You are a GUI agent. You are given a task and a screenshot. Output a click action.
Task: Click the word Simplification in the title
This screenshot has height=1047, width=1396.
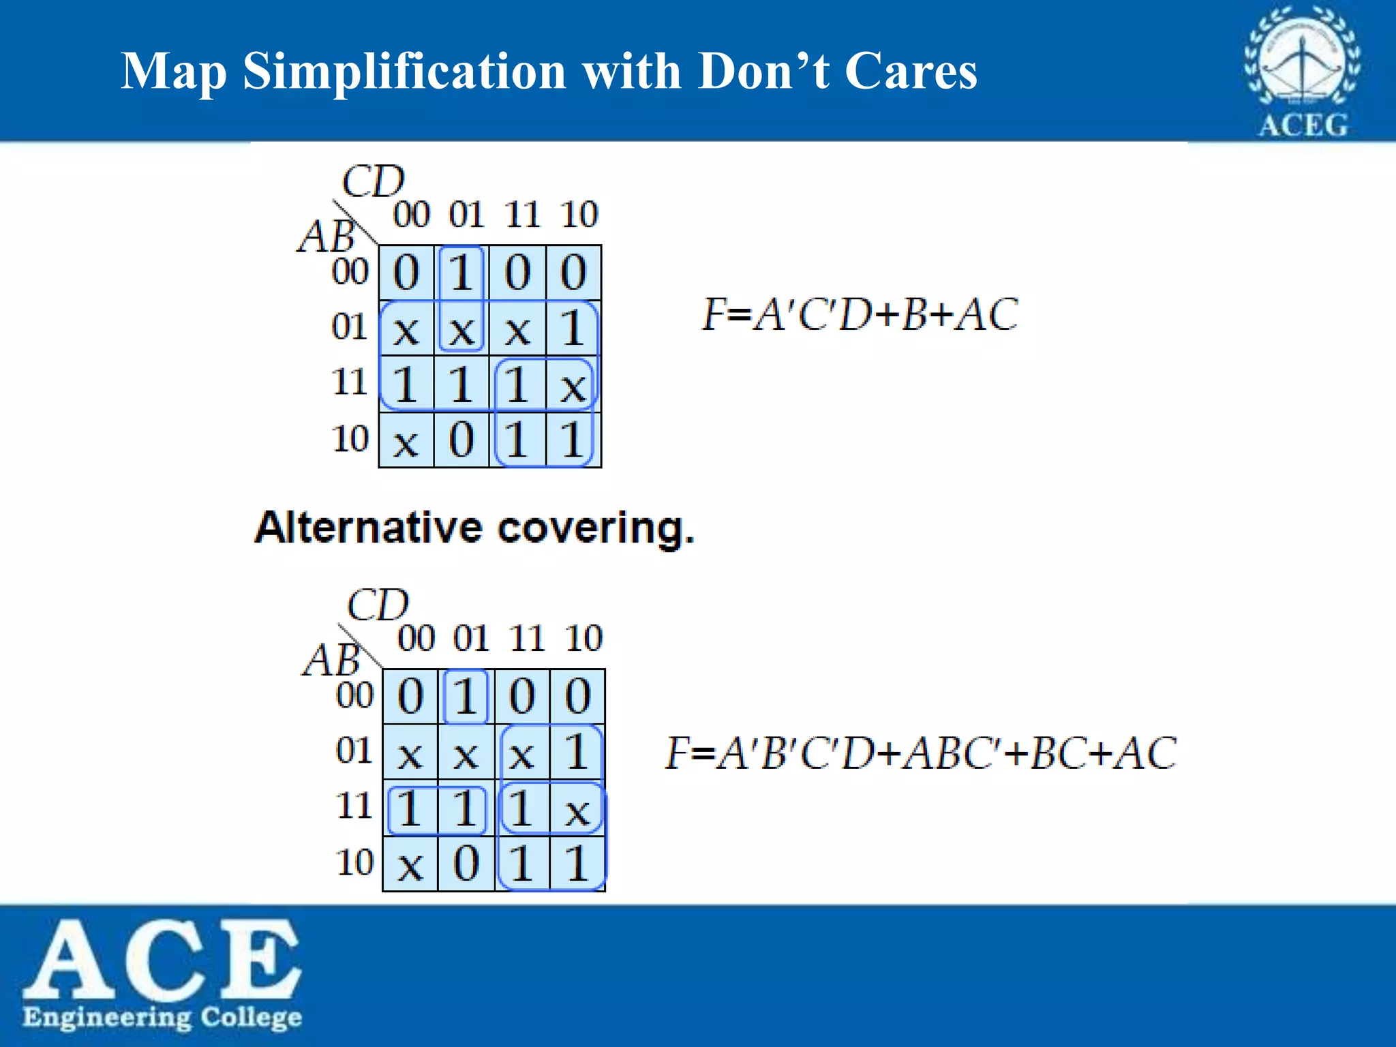(x=404, y=72)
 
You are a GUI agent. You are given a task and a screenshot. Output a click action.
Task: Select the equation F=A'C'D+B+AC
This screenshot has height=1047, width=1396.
(x=860, y=314)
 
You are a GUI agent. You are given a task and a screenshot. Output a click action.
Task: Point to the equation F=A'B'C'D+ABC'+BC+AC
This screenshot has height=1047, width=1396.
(x=921, y=753)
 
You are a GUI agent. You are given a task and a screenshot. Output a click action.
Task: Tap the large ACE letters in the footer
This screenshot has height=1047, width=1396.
(x=162, y=958)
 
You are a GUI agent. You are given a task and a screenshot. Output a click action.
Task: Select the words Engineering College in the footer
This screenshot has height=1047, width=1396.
(x=162, y=1017)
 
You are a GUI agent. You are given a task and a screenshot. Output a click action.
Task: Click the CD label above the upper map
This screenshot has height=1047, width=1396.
(x=373, y=181)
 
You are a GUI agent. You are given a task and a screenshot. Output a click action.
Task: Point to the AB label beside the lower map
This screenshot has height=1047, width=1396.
(x=331, y=660)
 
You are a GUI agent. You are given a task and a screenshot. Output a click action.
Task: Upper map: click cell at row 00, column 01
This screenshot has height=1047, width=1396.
(x=461, y=273)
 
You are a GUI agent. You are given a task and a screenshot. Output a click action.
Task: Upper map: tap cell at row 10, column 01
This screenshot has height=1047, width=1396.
(x=461, y=440)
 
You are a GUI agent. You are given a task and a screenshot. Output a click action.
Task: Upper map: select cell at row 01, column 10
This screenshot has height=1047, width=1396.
(x=573, y=329)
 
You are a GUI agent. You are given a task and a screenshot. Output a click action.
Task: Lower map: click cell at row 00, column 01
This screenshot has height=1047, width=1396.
(x=466, y=697)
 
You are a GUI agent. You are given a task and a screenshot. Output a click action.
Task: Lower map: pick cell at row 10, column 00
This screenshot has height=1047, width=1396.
(x=410, y=864)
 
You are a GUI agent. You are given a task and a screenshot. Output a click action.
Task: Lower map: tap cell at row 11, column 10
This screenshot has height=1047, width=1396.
(x=577, y=809)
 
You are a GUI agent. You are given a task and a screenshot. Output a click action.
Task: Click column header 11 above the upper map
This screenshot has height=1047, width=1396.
(x=522, y=215)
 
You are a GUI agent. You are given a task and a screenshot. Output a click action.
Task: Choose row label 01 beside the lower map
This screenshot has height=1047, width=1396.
(x=354, y=751)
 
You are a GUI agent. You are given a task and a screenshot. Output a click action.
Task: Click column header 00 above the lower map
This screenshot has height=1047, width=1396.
(x=416, y=639)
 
